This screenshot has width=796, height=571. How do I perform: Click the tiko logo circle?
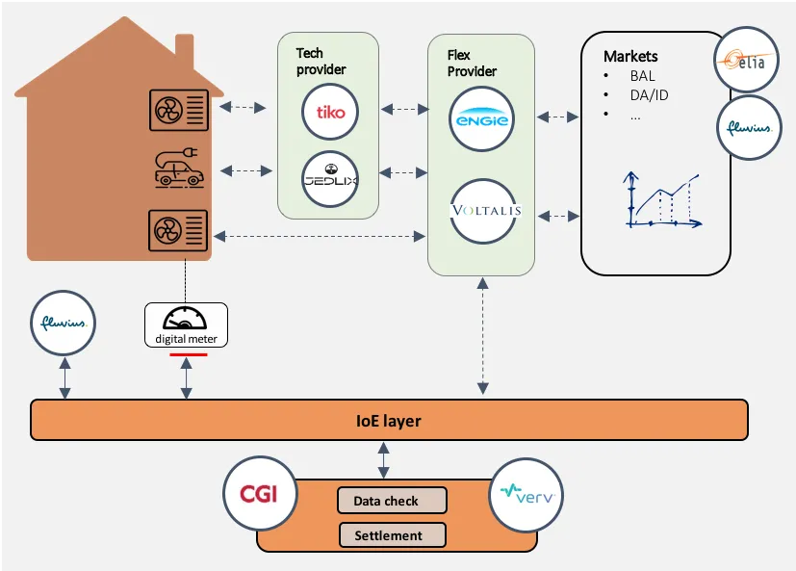click(330, 113)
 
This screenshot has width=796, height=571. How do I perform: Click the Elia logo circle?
click(747, 62)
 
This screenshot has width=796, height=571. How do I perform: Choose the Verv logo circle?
click(526, 495)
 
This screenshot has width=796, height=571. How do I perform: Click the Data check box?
click(392, 501)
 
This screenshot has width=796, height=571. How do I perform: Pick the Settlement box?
click(392, 535)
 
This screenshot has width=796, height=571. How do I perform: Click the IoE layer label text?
click(384, 421)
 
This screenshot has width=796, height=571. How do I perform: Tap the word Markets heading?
click(630, 57)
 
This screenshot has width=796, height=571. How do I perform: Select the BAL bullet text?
click(642, 76)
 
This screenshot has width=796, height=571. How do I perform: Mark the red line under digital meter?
click(188, 355)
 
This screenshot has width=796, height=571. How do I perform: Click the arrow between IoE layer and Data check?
click(384, 460)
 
